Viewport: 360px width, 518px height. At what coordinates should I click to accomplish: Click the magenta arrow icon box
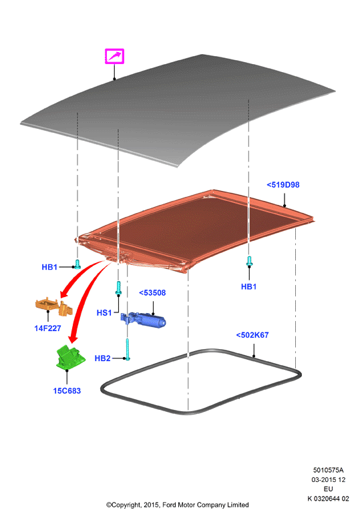(114, 56)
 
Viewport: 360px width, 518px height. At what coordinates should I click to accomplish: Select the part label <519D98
(283, 185)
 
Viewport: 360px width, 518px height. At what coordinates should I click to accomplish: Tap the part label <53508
(152, 292)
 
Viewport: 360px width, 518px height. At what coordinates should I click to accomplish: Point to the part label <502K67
(252, 335)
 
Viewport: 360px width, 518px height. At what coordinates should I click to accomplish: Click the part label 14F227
(47, 328)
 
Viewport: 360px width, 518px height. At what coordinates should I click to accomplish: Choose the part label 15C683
(67, 391)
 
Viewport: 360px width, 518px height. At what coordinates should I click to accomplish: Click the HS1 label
(104, 312)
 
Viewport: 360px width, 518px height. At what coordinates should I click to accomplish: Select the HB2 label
(102, 358)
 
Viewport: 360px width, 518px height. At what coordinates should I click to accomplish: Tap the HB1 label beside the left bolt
(49, 267)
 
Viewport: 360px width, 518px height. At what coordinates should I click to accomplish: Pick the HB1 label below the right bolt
(249, 286)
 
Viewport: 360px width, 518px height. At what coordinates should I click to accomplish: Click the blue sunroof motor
(143, 320)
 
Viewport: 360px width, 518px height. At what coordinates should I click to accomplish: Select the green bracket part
(70, 357)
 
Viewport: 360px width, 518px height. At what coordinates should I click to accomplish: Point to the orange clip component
(54, 306)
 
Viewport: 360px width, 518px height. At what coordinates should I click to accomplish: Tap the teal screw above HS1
(118, 288)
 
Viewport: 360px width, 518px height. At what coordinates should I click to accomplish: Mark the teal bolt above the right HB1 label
(249, 261)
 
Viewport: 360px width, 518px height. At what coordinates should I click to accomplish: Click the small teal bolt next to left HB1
(77, 264)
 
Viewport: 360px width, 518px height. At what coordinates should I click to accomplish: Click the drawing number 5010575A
(328, 470)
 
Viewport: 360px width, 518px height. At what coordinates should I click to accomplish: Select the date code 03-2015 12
(328, 479)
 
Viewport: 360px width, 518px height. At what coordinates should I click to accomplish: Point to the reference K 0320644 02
(328, 499)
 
